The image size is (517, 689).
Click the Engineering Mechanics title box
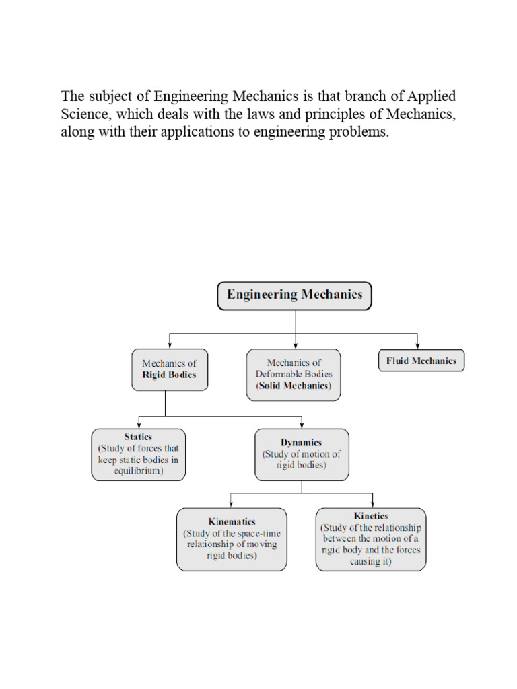pos(294,295)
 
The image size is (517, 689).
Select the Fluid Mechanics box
pos(421,361)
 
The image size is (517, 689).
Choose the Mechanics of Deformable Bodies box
pos(294,374)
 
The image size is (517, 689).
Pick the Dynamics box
pos(302,454)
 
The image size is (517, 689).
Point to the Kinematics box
pos(232,538)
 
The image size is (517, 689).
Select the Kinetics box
pos(371,538)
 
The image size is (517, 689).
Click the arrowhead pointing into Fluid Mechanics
pos(417,346)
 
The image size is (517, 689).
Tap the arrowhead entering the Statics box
pos(139,424)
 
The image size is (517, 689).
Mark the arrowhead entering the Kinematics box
pos(231,504)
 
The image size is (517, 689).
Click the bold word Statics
pos(138,437)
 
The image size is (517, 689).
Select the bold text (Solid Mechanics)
pos(294,386)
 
